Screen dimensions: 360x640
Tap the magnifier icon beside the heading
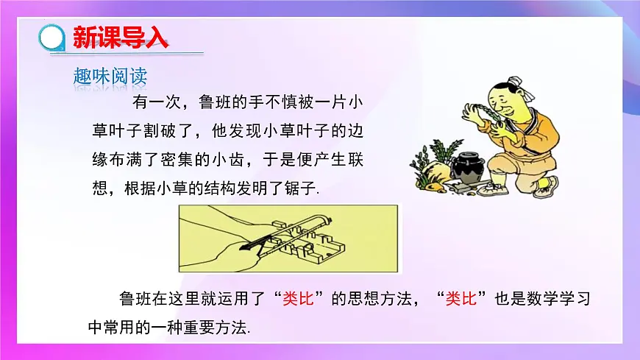point(51,38)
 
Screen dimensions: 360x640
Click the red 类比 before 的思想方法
point(304,300)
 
